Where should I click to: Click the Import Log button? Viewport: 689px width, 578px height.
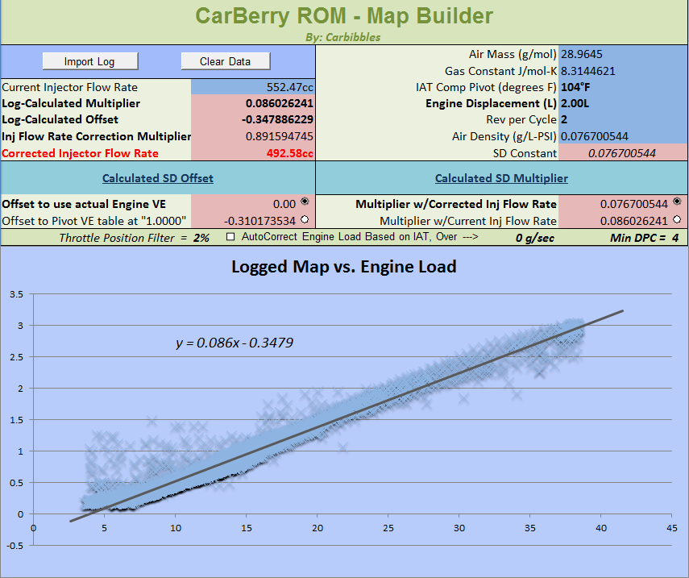tap(89, 61)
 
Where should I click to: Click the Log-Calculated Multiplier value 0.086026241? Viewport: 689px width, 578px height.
tap(280, 103)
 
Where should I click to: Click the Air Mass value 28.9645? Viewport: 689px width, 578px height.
tap(582, 54)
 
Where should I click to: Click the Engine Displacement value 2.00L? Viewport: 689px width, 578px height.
tap(575, 103)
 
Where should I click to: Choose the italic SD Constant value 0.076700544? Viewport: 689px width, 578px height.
tap(622, 153)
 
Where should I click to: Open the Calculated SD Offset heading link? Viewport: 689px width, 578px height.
tap(158, 178)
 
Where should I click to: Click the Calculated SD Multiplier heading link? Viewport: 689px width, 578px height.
tap(501, 178)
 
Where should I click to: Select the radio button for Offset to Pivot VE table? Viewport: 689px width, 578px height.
tap(304, 219)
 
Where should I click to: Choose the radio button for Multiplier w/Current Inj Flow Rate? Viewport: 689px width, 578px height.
tap(676, 219)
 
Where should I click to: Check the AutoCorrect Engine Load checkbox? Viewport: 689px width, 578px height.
tap(231, 237)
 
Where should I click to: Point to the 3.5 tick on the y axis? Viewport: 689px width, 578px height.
tap(15, 293)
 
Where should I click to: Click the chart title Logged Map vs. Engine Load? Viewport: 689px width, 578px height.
tap(344, 266)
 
